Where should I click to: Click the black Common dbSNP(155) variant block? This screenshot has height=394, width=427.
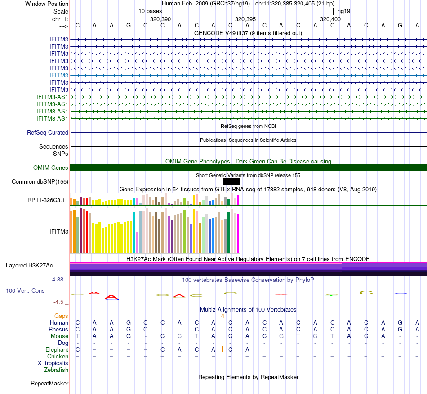(231, 181)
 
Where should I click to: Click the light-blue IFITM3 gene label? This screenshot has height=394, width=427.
(59, 75)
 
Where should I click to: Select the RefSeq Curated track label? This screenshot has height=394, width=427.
(48, 133)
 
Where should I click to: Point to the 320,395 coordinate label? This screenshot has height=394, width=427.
(245, 19)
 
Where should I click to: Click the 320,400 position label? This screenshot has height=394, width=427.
(330, 19)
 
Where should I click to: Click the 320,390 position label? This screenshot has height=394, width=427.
(160, 19)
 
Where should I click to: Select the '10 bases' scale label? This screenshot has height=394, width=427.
(150, 11)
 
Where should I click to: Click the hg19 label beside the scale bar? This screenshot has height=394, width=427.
(344, 11)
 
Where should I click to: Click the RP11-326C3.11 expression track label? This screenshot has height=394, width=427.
(48, 199)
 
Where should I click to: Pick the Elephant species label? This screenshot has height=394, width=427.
(57, 350)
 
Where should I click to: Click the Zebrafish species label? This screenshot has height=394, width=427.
(56, 370)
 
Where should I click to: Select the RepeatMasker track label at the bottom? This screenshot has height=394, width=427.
(49, 384)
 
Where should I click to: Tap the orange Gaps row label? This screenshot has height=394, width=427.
(61, 316)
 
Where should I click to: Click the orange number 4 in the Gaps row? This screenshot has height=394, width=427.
(222, 316)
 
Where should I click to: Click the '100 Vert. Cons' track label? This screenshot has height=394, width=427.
(25, 291)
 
